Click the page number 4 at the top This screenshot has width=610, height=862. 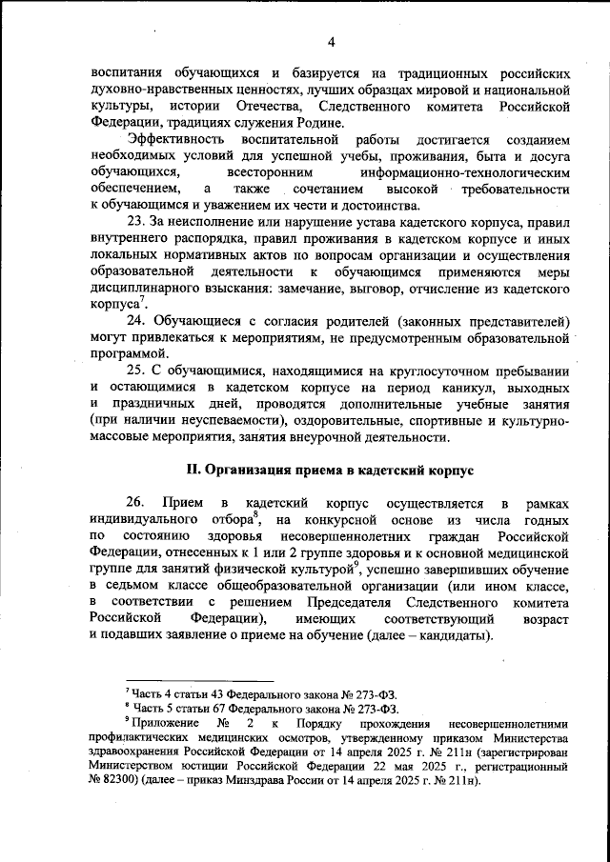point(332,41)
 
